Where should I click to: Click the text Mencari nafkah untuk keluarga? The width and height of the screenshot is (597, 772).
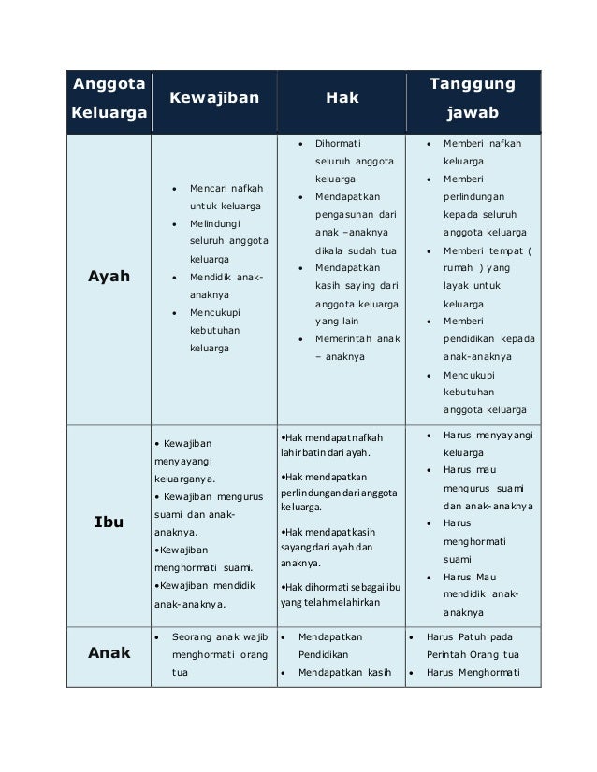point(226,195)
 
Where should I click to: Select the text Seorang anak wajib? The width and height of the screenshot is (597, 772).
point(223,636)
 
